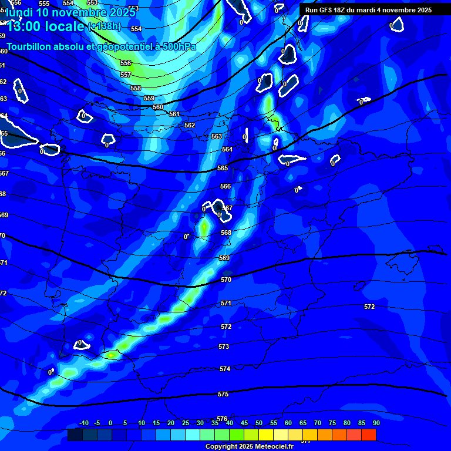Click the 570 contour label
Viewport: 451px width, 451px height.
point(226,280)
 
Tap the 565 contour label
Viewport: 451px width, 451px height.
point(223,169)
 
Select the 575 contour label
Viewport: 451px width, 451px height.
point(223,395)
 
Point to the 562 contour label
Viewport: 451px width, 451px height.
point(190,126)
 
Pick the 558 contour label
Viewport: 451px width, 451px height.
point(136,88)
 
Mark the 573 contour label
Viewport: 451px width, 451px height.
point(224,347)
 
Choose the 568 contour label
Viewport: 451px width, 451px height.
point(226,233)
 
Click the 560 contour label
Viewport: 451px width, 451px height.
point(158,107)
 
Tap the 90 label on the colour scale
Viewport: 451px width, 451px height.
point(376,423)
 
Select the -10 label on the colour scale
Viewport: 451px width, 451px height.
point(84,423)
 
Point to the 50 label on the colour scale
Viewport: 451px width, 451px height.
point(259,423)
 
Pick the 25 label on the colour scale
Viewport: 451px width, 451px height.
point(186,423)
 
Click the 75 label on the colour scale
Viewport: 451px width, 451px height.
point(332,423)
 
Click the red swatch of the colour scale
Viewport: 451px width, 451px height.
point(369,435)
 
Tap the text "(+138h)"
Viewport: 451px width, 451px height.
point(103,26)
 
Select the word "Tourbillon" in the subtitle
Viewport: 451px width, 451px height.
point(29,46)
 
